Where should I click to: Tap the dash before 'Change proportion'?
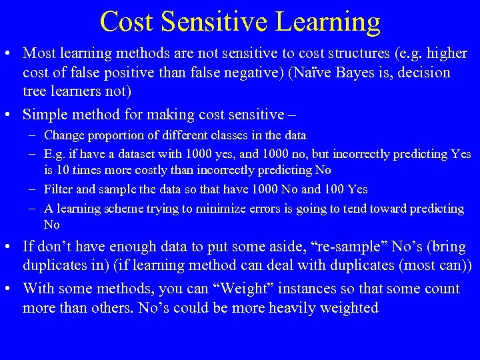click(33, 135)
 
